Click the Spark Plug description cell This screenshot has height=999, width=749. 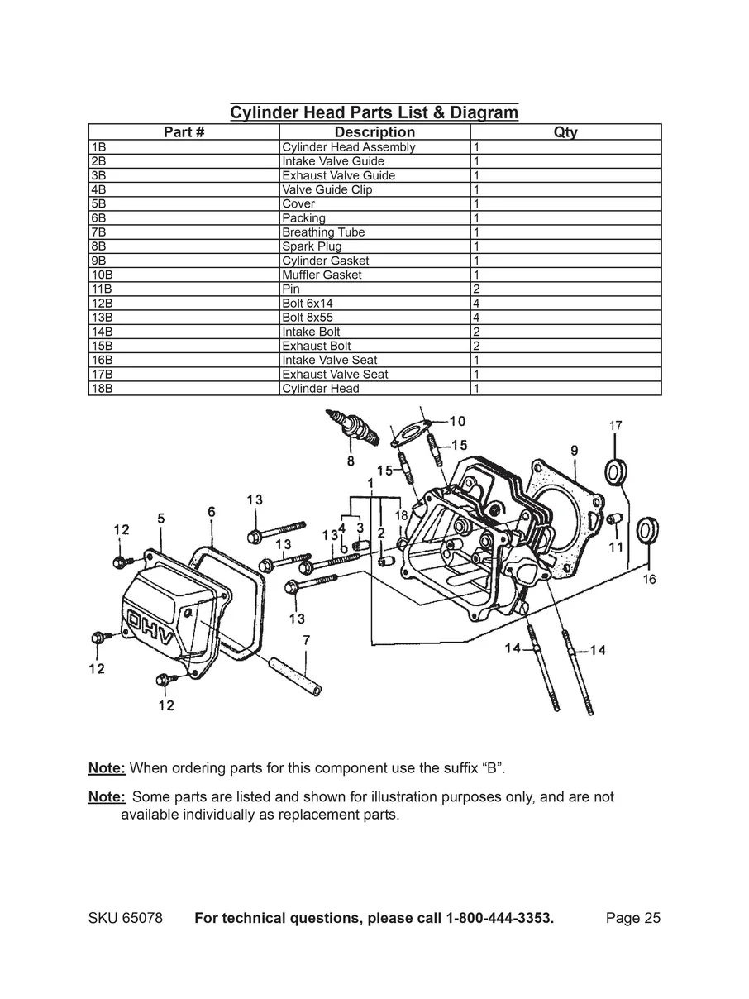[x=374, y=246]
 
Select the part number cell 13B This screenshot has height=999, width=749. [x=184, y=318]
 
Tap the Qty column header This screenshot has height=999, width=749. [x=565, y=132]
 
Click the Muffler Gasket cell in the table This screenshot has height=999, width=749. [x=374, y=275]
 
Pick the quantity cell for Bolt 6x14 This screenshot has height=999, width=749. [x=565, y=304]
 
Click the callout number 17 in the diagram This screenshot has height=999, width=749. [x=616, y=426]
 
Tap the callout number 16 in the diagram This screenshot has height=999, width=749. [x=649, y=580]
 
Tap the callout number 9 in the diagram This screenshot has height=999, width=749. [x=574, y=451]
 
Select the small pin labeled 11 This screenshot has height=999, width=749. [x=614, y=519]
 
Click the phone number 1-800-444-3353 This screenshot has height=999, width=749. [x=499, y=919]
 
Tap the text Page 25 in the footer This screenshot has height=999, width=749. [x=632, y=919]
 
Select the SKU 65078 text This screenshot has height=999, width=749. [x=125, y=919]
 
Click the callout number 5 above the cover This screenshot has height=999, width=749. [x=161, y=519]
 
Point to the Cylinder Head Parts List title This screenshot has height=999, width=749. [x=374, y=112]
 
